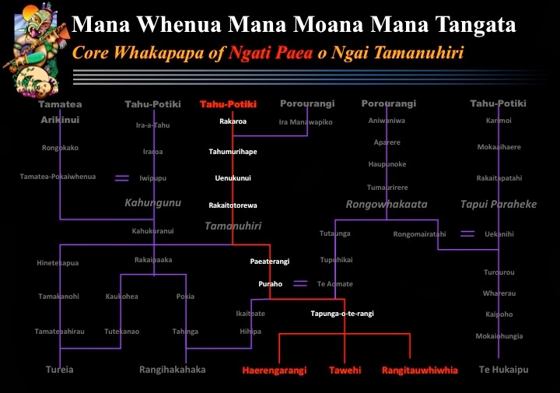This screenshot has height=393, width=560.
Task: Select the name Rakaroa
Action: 233,121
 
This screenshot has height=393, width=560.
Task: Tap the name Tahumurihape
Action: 233,152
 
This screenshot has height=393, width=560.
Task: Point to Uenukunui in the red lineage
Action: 233,178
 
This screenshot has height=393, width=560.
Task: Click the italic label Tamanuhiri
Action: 233,226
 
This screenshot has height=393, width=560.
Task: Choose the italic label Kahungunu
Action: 152,203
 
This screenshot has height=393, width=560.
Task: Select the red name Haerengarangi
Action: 274,370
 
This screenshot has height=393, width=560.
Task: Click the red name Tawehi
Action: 345,370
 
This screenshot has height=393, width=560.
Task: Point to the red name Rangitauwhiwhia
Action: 420,370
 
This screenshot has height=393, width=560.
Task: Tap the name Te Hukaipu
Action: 503,370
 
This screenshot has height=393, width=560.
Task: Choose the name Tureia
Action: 59,370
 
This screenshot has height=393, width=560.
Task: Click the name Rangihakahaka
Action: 173,370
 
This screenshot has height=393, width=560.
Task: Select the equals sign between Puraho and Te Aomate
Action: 300,284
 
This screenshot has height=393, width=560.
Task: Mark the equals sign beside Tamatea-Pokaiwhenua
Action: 122,178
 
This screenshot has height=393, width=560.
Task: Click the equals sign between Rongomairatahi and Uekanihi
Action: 467,233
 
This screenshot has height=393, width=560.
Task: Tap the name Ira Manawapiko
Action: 306,122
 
